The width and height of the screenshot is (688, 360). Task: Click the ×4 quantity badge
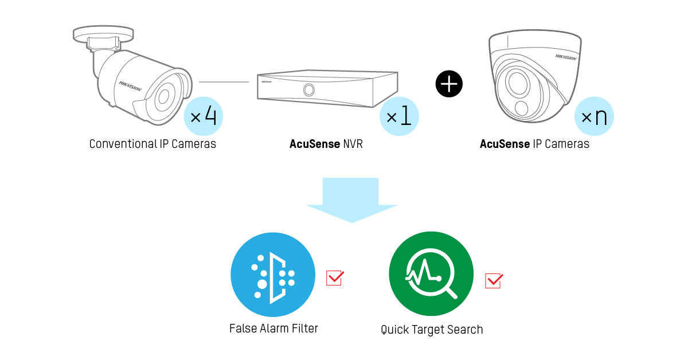[204, 116]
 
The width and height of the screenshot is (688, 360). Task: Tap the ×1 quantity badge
[399, 116]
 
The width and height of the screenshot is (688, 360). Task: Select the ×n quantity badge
[594, 116]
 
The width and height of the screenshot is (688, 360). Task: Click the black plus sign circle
[449, 84]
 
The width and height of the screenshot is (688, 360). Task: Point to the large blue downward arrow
[351, 199]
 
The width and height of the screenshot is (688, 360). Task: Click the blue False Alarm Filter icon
[273, 275]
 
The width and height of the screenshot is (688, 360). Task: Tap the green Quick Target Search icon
[431, 273]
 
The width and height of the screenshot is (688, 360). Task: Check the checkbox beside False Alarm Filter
[335, 277]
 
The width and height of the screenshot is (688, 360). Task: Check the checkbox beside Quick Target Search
[494, 281]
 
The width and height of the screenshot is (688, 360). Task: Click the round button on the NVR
[308, 90]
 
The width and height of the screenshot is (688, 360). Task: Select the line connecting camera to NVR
[224, 82]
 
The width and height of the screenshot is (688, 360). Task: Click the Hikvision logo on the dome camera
[566, 57]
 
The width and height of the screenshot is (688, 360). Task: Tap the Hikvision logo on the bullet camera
[131, 87]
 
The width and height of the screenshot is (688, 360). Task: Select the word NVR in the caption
[353, 144]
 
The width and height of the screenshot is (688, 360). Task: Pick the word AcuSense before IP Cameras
[505, 144]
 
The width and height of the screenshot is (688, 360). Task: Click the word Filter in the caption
[304, 328]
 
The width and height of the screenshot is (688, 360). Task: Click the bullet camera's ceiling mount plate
[103, 34]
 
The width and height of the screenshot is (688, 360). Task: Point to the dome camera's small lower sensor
[522, 108]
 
